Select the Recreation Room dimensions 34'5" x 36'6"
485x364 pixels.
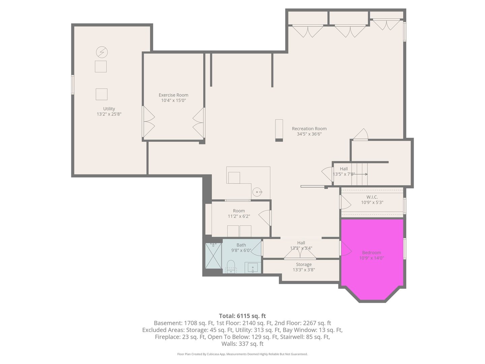tap(309, 134)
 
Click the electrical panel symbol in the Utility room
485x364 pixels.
tap(102, 52)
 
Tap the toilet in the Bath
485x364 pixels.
tap(231, 265)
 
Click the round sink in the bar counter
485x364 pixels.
tap(258, 192)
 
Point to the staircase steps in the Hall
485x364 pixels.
tap(359, 174)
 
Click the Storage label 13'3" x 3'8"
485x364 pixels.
tap(303, 267)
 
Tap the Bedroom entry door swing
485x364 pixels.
tap(346, 249)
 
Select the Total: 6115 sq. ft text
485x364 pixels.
tap(242, 316)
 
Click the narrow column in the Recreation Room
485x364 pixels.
tap(279, 130)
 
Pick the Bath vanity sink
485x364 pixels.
tap(253, 268)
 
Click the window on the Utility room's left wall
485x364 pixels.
tap(72, 84)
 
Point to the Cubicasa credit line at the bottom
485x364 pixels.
tap(242, 354)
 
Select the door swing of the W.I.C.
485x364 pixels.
tap(346, 202)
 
